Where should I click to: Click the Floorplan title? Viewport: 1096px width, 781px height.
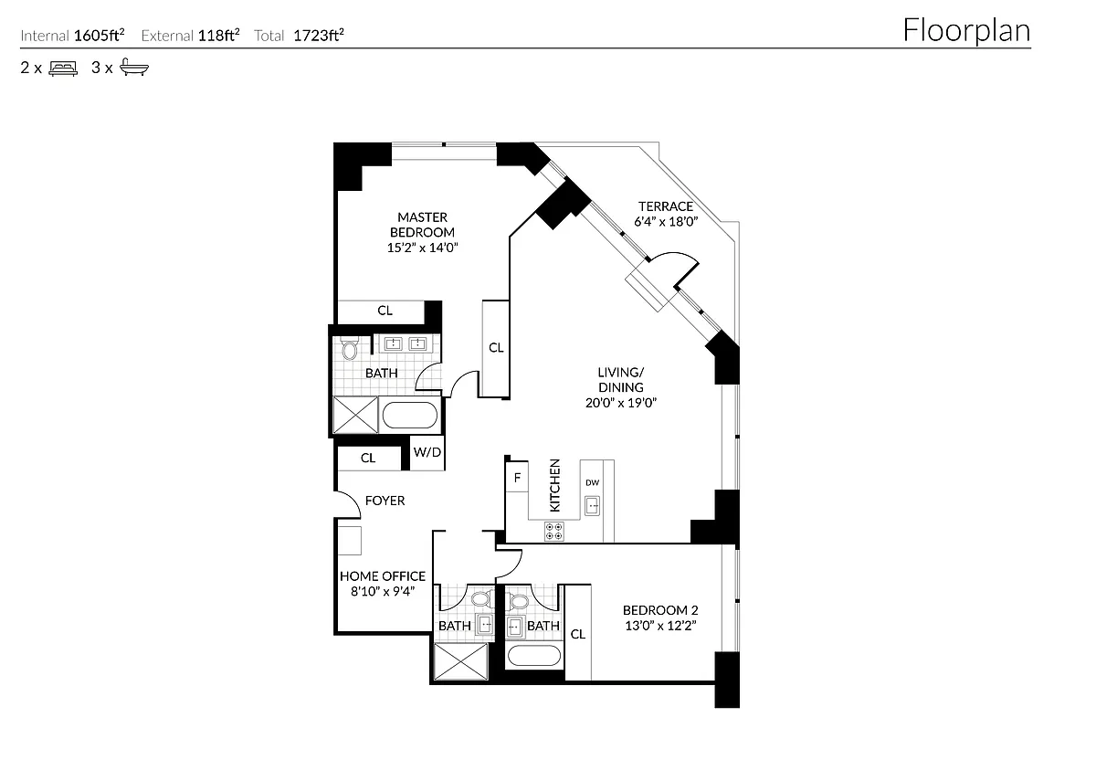click(966, 30)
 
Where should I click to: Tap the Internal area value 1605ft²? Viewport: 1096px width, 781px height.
click(100, 37)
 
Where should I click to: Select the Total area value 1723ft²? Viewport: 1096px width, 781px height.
click(319, 37)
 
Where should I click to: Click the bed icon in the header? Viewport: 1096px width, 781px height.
click(63, 68)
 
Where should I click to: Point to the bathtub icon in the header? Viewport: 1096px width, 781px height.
click(133, 68)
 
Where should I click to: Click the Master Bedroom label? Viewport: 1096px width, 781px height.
click(422, 225)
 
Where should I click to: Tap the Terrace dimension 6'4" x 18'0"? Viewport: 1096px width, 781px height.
click(665, 221)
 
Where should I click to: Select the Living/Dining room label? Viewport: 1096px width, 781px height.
click(621, 379)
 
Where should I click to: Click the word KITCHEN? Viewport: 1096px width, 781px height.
click(554, 485)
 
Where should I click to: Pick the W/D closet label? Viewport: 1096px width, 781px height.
click(427, 452)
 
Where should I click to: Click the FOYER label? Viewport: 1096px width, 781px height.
click(385, 501)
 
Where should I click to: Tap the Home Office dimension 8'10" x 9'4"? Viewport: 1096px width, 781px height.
click(383, 591)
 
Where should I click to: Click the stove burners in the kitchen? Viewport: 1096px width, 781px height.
click(554, 530)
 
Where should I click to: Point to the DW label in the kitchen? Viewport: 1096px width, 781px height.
click(592, 482)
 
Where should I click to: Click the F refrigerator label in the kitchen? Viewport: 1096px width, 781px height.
click(517, 478)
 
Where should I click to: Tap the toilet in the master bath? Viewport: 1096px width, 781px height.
click(349, 349)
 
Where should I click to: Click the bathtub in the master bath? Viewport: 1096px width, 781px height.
click(410, 416)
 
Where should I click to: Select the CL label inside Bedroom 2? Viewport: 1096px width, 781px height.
click(577, 634)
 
